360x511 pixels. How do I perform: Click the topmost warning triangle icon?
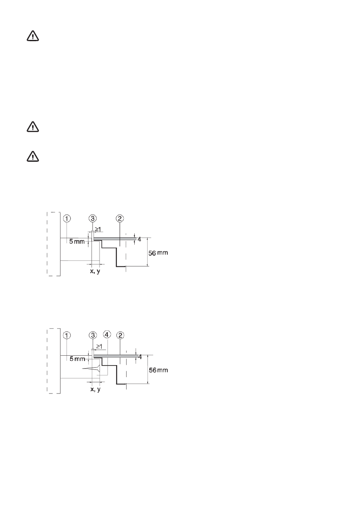[x=33, y=36]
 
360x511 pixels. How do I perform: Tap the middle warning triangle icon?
[x=33, y=127]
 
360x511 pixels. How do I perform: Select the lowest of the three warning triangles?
[x=33, y=157]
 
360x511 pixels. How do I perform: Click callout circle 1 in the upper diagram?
[x=67, y=218]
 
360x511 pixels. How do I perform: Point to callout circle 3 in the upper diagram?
[x=93, y=218]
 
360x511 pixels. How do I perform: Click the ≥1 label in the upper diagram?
[x=99, y=229]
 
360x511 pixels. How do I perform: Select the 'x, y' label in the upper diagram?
[x=95, y=272]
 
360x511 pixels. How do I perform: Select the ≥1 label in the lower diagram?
[x=99, y=346]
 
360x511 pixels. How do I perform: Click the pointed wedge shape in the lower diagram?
[x=91, y=369]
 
